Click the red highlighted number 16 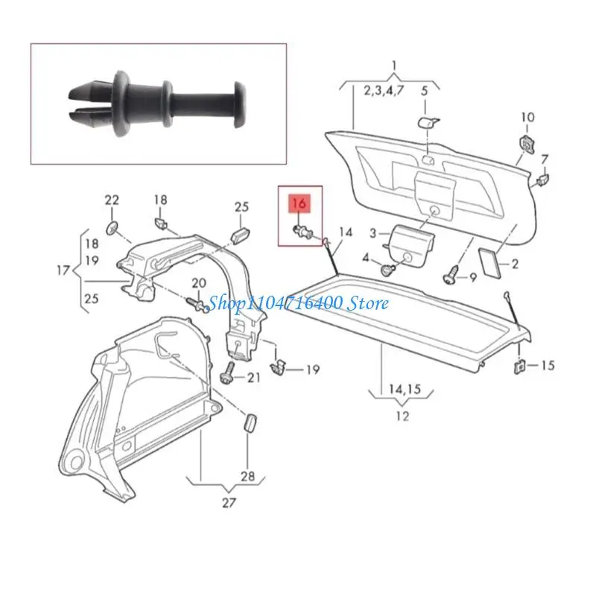coord(299,201)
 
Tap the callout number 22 coord(112,200)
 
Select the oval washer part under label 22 coord(112,225)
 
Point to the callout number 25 coord(241,206)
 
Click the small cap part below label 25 coord(241,235)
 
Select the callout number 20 coord(198,282)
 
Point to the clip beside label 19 coord(280,365)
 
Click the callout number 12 coord(402,416)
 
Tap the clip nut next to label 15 coord(519,366)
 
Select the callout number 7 coord(545,159)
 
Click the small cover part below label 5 coord(426,121)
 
